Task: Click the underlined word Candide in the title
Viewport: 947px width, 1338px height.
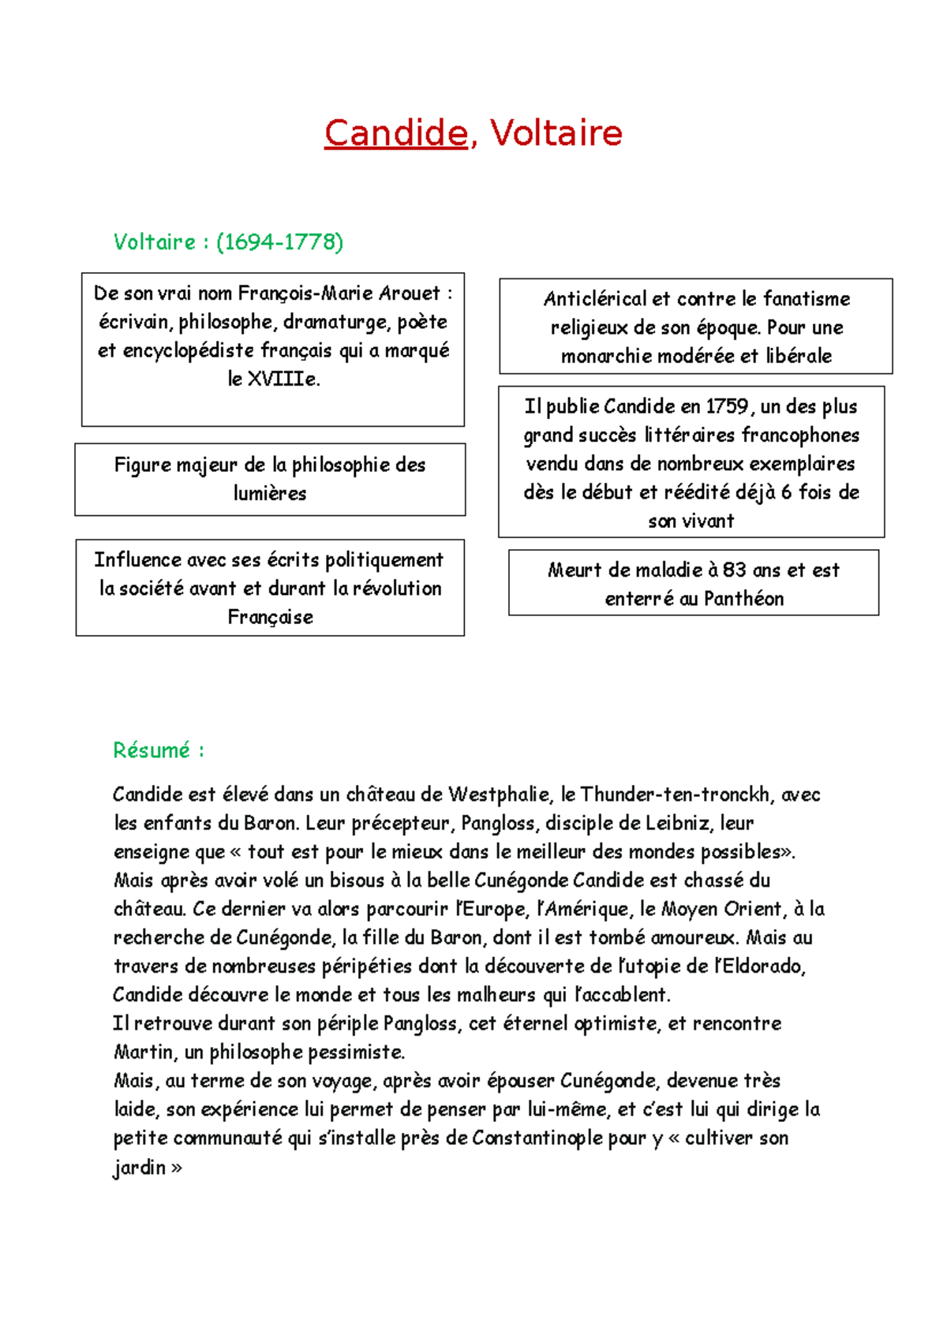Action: (395, 133)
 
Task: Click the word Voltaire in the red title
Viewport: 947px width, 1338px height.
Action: (556, 133)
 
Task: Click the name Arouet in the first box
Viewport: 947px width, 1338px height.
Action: (410, 293)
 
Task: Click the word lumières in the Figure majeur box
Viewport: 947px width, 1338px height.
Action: (270, 494)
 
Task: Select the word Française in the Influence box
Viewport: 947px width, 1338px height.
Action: (270, 617)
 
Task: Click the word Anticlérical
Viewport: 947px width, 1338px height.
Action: (594, 299)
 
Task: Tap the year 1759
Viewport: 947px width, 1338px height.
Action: (727, 407)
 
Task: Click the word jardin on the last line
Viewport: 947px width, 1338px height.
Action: (139, 1168)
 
